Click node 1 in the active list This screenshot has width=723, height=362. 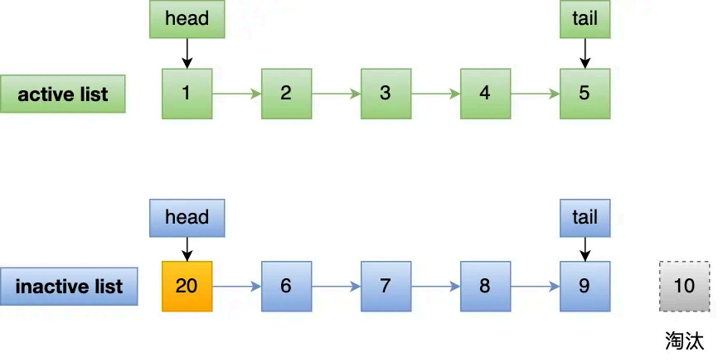click(187, 94)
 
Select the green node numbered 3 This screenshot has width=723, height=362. click(386, 94)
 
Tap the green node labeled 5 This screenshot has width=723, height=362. click(585, 94)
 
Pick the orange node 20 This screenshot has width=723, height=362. click(187, 287)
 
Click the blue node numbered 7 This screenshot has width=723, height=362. click(386, 287)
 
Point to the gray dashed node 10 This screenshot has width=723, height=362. click(685, 287)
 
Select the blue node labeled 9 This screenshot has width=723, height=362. click(585, 287)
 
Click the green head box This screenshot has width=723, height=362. click(187, 19)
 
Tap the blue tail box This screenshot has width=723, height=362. click(585, 218)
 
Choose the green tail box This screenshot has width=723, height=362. click(585, 19)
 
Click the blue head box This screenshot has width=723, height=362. click(187, 218)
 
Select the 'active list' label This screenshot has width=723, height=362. click(63, 94)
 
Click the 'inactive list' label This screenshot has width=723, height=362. click(69, 287)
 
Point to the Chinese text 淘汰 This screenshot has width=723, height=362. click(685, 340)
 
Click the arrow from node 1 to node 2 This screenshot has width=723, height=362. click(236, 94)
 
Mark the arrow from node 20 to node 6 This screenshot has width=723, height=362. click(236, 287)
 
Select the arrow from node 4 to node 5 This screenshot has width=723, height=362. click(535, 94)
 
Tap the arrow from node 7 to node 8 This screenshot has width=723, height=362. click(435, 287)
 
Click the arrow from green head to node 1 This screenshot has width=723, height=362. click(187, 53)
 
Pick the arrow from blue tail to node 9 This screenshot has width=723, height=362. click(585, 248)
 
